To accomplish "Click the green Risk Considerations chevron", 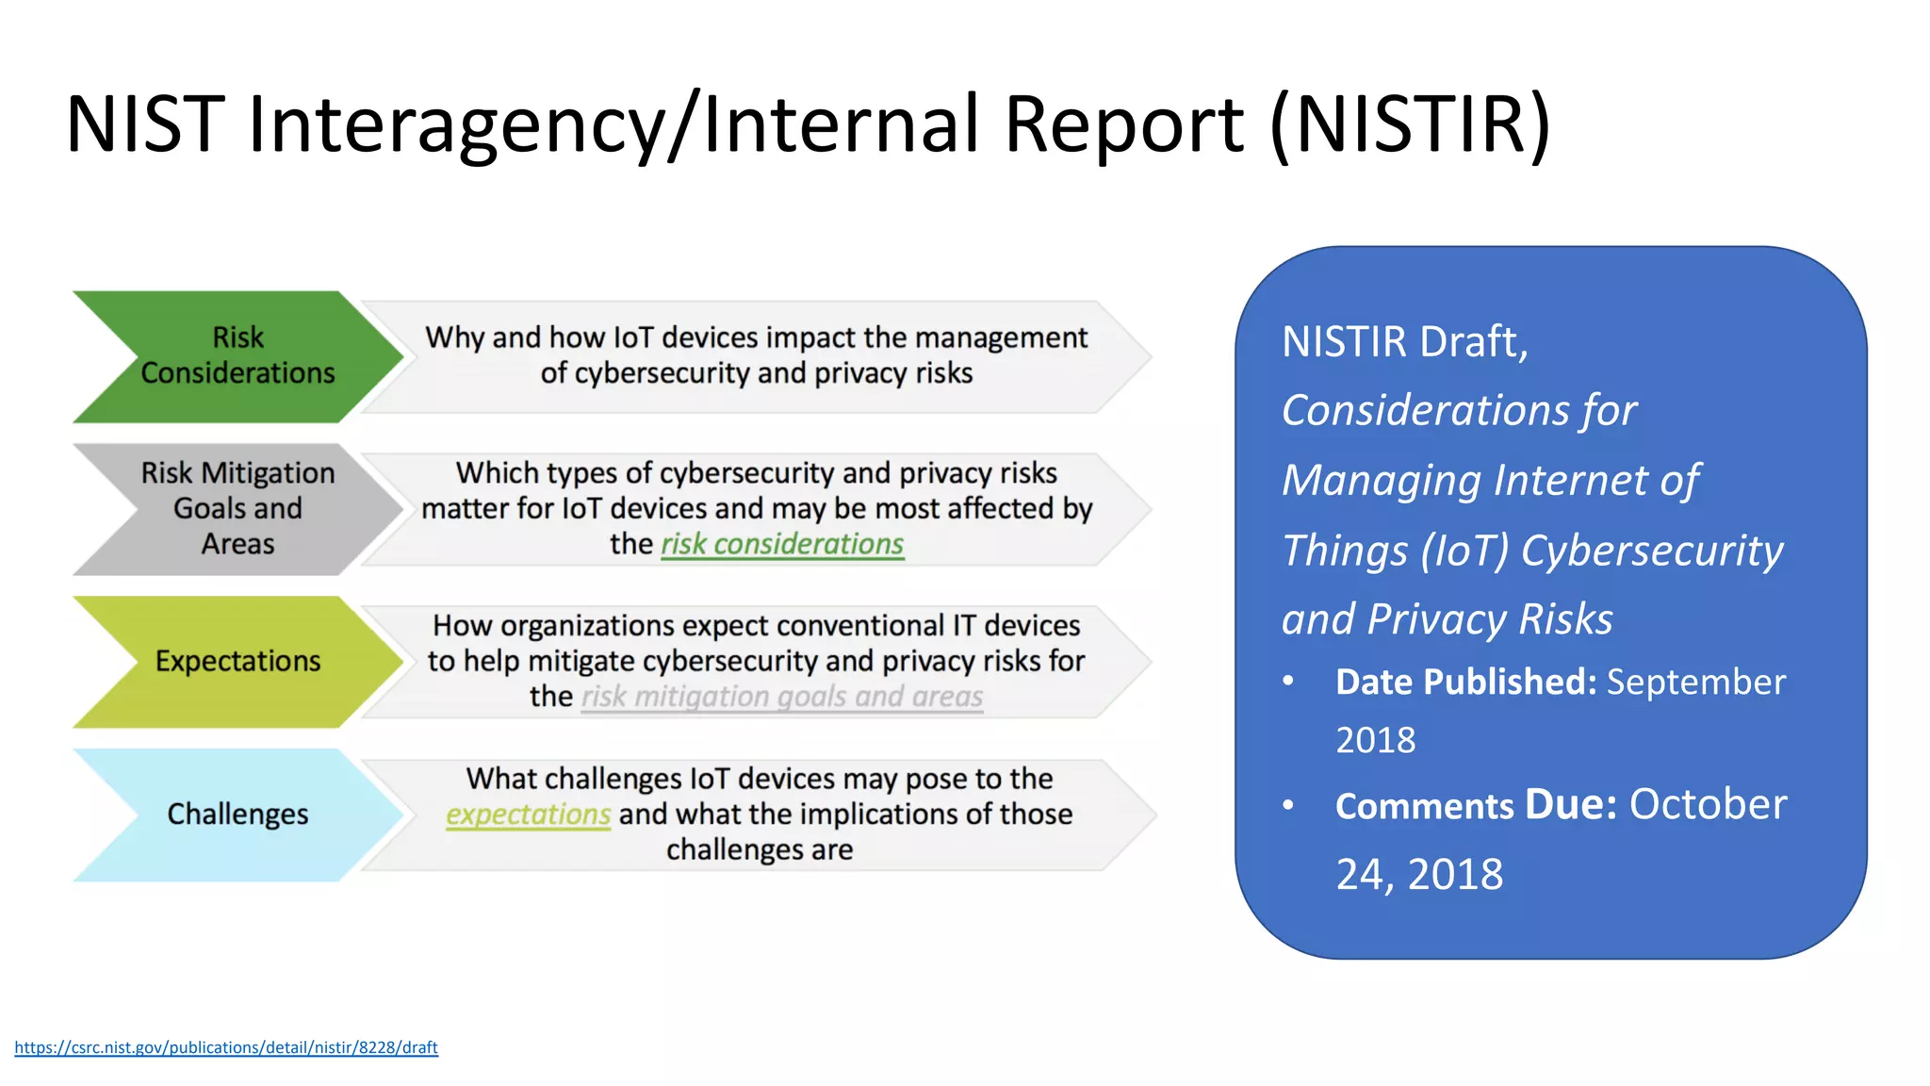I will pyautogui.click(x=237, y=355).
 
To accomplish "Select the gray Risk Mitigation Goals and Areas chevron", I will pyautogui.click(x=237, y=508).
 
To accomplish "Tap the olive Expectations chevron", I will pyautogui.click(x=237, y=661).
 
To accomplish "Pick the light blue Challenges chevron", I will pyautogui.click(x=237, y=814).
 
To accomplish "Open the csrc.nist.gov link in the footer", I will pyautogui.click(x=226, y=1047).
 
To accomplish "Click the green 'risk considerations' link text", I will pyautogui.click(x=782, y=544).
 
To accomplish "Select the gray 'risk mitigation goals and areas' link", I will pyautogui.click(x=781, y=697).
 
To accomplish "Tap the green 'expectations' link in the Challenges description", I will pyautogui.click(x=528, y=814).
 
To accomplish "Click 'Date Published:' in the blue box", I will pyautogui.click(x=1465, y=682).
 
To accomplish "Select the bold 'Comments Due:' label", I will pyautogui.click(x=1476, y=805).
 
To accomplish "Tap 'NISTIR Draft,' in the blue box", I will pyautogui.click(x=1404, y=341).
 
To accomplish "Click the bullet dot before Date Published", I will pyautogui.click(x=1288, y=681).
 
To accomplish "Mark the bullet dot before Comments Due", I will pyautogui.click(x=1288, y=805).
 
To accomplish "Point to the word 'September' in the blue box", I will pyautogui.click(x=1696, y=682).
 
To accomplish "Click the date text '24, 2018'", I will pyautogui.click(x=1419, y=874).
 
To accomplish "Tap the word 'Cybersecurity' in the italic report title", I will pyautogui.click(x=1652, y=550).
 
